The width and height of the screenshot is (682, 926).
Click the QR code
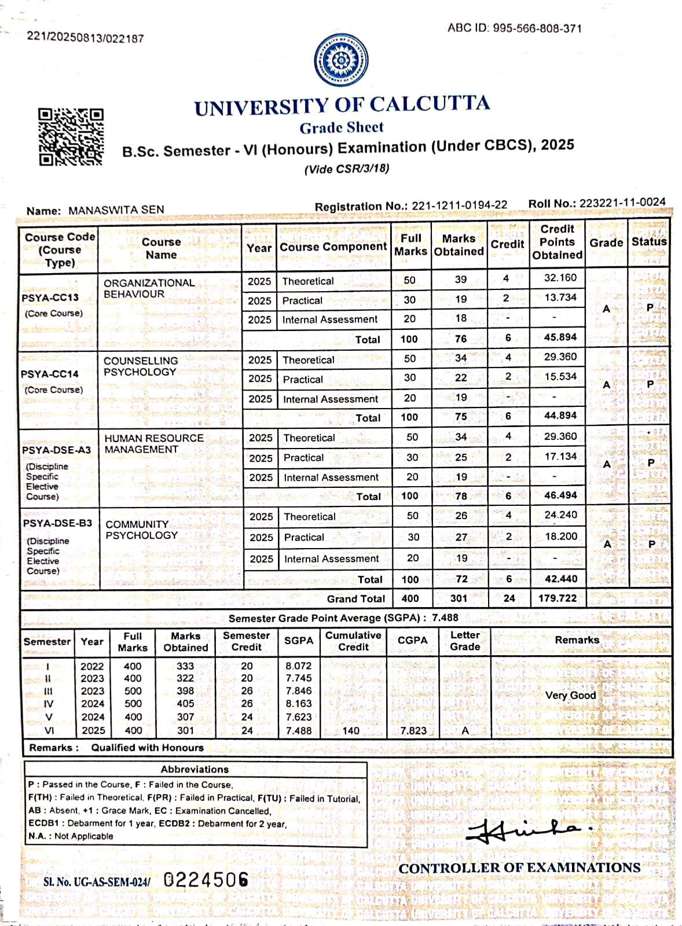coord(71,137)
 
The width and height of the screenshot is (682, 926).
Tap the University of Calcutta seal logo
coord(341,61)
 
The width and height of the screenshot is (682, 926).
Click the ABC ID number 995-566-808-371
coord(537,28)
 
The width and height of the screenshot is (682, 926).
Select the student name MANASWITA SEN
coord(116,210)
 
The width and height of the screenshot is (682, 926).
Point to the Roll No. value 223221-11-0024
coord(622,203)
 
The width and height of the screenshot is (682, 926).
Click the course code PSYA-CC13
coord(50,297)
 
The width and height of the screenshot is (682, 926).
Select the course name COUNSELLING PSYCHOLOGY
coord(140,366)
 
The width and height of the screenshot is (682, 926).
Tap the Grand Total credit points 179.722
coord(558,598)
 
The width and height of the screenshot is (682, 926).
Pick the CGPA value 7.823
coord(413,730)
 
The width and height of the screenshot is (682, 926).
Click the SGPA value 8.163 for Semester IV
coord(299,704)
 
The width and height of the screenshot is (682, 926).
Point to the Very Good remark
coord(570,695)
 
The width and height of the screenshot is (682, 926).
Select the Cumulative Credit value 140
coord(351,730)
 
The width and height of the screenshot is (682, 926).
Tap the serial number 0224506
coord(206,880)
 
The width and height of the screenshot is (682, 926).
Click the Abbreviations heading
coord(195,769)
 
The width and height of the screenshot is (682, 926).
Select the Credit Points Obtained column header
coord(557,242)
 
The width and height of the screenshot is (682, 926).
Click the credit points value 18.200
coord(560,537)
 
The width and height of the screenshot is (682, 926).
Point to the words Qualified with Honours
coord(147,747)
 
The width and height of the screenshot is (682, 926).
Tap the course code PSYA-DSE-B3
coord(57,523)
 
